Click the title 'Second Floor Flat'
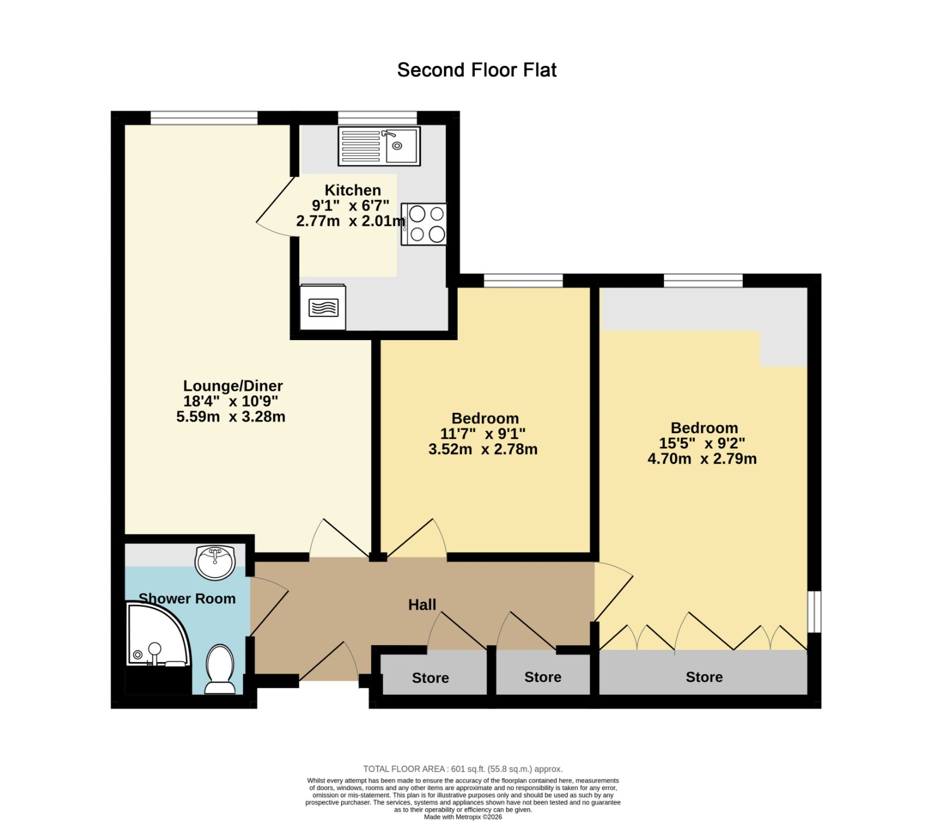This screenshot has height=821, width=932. coord(476,70)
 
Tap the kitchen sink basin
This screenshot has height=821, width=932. coord(401,145)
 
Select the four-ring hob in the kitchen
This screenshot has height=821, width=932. coord(424,224)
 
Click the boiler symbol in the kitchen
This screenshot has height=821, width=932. coord(323,307)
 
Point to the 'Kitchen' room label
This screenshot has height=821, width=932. coord(352,190)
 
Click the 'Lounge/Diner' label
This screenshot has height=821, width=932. coord(233,386)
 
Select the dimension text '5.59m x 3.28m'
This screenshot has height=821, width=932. coord(231,417)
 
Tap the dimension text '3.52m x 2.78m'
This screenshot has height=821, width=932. coord(483,450)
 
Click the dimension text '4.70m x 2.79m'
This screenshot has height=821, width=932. coord(702,459)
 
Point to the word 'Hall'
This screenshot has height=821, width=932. coord(422,605)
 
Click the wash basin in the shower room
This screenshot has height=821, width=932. coord(215,562)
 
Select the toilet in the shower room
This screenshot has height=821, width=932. coord(220,669)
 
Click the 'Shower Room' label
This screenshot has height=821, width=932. coord(187,599)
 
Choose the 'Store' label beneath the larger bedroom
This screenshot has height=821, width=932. coord(704,677)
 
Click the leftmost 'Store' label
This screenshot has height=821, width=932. coord(430,678)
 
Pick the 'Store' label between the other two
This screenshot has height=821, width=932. coord(543,677)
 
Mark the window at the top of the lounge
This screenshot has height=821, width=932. coord(204,118)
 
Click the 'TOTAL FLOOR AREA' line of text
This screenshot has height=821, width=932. coord(463,769)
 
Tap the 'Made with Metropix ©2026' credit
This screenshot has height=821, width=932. coord(463,817)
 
